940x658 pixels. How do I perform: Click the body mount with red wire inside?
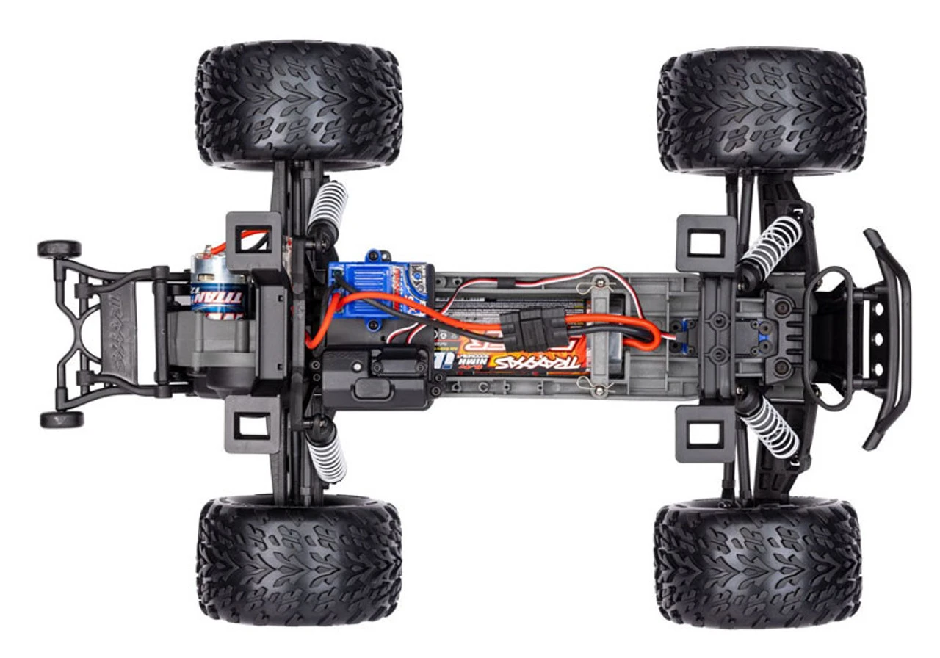(x=253, y=238)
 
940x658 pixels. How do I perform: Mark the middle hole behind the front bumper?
(x=875, y=339)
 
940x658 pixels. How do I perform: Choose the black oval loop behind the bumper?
(x=828, y=338)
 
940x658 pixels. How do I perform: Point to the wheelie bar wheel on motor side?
(x=59, y=249)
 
